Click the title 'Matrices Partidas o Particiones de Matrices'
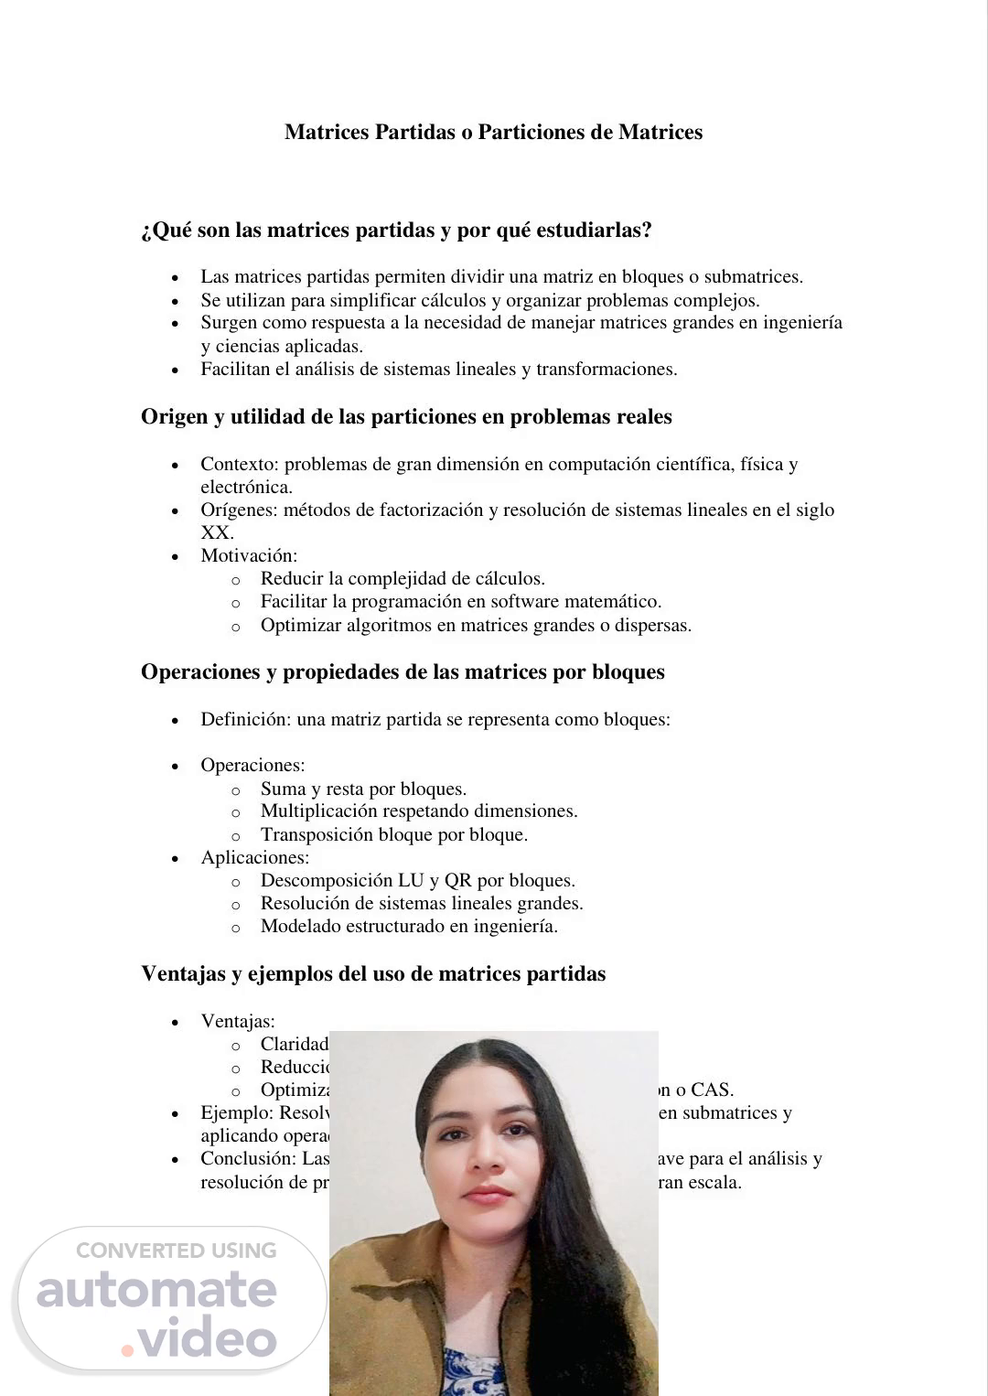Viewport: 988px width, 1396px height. tap(493, 133)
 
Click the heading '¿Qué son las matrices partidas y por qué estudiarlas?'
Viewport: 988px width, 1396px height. tap(396, 231)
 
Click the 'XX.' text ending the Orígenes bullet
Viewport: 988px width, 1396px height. tap(218, 533)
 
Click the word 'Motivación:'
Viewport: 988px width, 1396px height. tap(249, 556)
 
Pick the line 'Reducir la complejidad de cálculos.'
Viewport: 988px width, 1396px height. tap(403, 579)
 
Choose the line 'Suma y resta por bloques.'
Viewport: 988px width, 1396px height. tap(363, 789)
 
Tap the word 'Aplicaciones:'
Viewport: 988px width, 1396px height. tap(255, 858)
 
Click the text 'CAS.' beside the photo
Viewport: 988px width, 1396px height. tap(713, 1090)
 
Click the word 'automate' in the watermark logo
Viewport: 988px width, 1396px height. tap(156, 1290)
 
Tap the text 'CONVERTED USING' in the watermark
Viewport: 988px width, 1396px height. tap(176, 1251)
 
